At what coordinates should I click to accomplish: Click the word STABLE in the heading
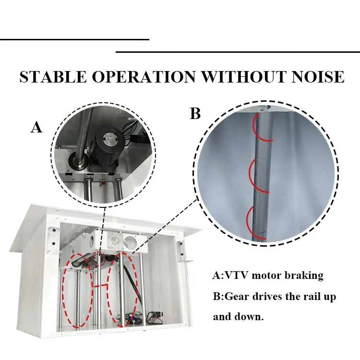(53, 77)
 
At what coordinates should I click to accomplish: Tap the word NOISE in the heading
(318, 77)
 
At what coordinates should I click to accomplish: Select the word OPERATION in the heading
(144, 77)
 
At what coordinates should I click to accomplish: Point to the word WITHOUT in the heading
(243, 77)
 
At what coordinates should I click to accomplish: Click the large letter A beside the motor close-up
(36, 127)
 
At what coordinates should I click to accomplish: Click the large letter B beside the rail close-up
(195, 113)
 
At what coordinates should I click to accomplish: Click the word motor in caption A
(266, 275)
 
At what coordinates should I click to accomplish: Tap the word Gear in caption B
(238, 297)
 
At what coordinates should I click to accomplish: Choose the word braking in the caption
(304, 275)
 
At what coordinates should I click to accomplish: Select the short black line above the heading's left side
(74, 39)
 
